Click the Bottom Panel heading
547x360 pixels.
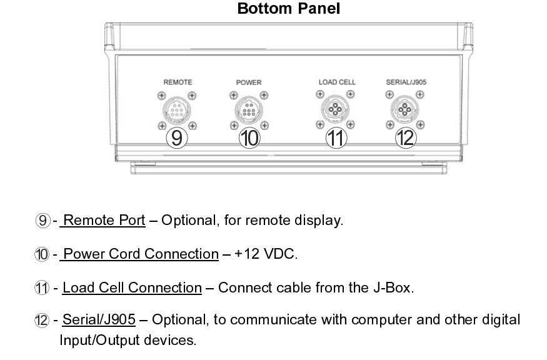coord(288,9)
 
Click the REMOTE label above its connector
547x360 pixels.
coord(178,82)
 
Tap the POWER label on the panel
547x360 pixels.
coord(249,82)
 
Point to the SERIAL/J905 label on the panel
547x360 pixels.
coord(406,82)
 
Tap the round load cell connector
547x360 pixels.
coord(335,110)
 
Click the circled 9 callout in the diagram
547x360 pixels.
coord(177,137)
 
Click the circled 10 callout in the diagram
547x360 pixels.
coord(249,137)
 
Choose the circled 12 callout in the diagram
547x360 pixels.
coord(406,137)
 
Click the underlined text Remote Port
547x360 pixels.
coord(104,221)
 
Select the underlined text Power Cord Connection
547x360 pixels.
coord(141,254)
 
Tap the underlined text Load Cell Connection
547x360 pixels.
coord(132,287)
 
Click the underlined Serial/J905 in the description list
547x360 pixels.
coord(99,320)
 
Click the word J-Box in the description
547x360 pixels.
coord(396,287)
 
